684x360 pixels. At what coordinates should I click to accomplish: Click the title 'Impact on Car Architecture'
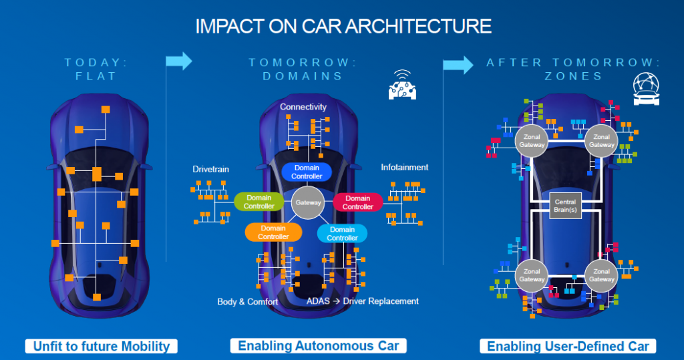[x=343, y=26]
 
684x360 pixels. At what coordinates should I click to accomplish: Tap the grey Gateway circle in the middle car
[x=308, y=202]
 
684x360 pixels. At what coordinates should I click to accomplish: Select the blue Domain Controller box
[x=307, y=172]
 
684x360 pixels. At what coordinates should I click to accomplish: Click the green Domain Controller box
[x=259, y=202]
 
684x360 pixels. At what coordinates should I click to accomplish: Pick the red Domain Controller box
[x=357, y=202]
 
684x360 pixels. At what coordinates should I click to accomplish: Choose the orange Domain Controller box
[x=273, y=232]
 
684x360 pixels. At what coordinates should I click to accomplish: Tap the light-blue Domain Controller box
[x=342, y=234]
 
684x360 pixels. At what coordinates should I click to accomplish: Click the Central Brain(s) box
[x=566, y=206]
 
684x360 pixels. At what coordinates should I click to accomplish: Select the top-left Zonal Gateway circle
[x=532, y=140]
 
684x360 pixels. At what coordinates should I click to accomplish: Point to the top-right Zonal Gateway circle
[x=601, y=140]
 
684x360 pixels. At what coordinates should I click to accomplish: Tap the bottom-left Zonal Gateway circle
[x=532, y=275]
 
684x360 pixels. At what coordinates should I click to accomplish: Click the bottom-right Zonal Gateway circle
[x=601, y=275]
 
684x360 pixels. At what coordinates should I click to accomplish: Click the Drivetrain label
[x=210, y=169]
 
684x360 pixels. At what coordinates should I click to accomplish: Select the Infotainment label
[x=405, y=167]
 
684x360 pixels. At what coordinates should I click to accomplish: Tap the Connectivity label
[x=303, y=107]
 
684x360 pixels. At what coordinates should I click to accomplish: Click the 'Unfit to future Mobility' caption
[x=102, y=346]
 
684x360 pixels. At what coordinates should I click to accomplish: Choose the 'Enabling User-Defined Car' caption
[x=568, y=346]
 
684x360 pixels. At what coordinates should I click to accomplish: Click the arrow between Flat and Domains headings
[x=178, y=61]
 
